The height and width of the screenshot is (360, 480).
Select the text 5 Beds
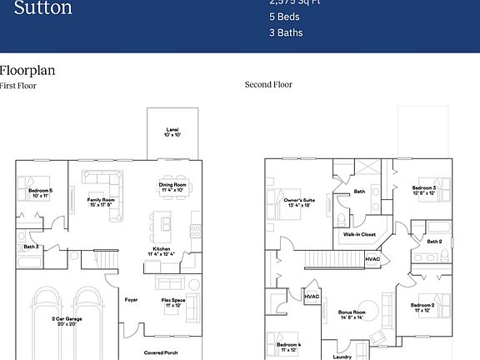(284, 16)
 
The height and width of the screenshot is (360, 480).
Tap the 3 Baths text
(286, 32)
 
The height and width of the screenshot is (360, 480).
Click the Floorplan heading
(27, 70)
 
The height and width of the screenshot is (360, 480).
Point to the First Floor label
(18, 85)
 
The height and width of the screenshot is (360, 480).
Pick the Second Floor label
(268, 84)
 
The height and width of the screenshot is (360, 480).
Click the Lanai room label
(172, 131)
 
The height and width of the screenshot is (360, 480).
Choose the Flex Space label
(173, 302)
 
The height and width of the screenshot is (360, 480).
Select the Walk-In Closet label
(359, 234)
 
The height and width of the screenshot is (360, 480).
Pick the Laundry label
(342, 357)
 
